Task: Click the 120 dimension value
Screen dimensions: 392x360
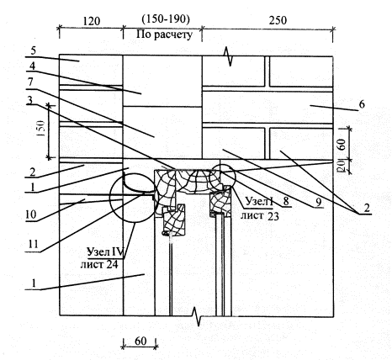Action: point(92,21)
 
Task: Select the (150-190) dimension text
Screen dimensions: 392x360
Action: point(166,19)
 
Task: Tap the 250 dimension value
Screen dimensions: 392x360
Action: point(278,20)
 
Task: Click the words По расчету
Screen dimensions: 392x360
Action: point(165,34)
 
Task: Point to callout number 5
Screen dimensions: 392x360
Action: point(34,51)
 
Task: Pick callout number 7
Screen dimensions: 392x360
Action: point(30,82)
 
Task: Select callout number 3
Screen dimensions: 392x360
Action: point(29,100)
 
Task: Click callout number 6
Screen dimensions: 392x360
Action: point(362,104)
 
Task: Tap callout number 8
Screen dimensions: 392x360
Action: point(286,201)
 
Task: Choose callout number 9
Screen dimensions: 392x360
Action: point(319,203)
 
